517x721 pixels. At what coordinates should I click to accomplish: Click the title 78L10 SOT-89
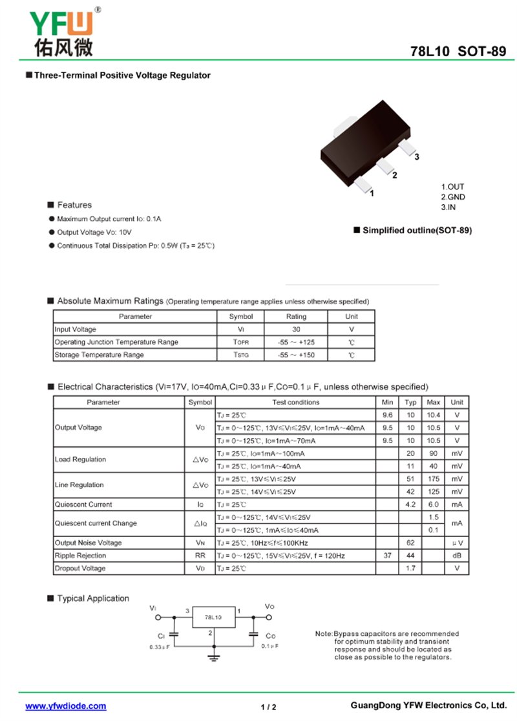(x=458, y=52)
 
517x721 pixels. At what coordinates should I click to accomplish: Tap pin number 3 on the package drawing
(x=417, y=157)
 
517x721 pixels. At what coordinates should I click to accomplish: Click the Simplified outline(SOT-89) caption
(x=417, y=231)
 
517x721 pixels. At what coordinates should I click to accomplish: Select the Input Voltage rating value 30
(x=296, y=329)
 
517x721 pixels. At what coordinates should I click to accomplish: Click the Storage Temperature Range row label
(x=99, y=355)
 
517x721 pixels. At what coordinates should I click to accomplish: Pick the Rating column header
(x=296, y=317)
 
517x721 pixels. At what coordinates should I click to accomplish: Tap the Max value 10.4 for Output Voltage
(x=433, y=415)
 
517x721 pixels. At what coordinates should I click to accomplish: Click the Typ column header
(x=410, y=402)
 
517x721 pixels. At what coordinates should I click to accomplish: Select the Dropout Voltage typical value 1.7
(x=410, y=569)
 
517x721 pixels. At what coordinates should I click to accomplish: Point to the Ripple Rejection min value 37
(x=387, y=556)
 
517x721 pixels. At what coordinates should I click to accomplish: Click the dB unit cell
(x=457, y=556)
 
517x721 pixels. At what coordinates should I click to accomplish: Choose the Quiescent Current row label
(x=83, y=505)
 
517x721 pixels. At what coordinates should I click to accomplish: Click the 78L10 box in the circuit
(x=213, y=618)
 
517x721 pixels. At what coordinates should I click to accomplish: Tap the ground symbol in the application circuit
(x=214, y=657)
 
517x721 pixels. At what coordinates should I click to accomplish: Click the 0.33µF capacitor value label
(x=160, y=647)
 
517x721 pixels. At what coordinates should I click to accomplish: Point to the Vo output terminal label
(x=269, y=607)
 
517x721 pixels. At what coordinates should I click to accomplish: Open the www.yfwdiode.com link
(x=65, y=706)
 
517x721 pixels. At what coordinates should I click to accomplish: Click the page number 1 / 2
(x=268, y=707)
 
